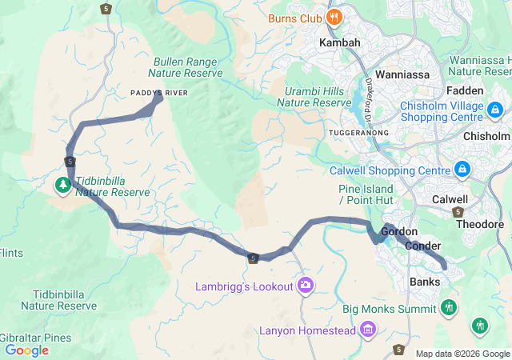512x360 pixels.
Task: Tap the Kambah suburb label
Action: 339,42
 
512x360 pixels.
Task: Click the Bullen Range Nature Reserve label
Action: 188,66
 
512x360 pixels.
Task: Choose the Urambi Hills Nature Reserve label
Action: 318,96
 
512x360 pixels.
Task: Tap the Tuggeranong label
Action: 358,132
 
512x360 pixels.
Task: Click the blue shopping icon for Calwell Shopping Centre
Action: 462,170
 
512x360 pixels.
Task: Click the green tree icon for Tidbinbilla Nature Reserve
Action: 62,186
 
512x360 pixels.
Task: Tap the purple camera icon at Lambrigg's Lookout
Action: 305,286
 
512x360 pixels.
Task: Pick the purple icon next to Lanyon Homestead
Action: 368,329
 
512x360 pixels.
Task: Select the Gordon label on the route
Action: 399,231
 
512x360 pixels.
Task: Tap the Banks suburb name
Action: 425,282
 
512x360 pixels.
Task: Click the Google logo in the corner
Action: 26,350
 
